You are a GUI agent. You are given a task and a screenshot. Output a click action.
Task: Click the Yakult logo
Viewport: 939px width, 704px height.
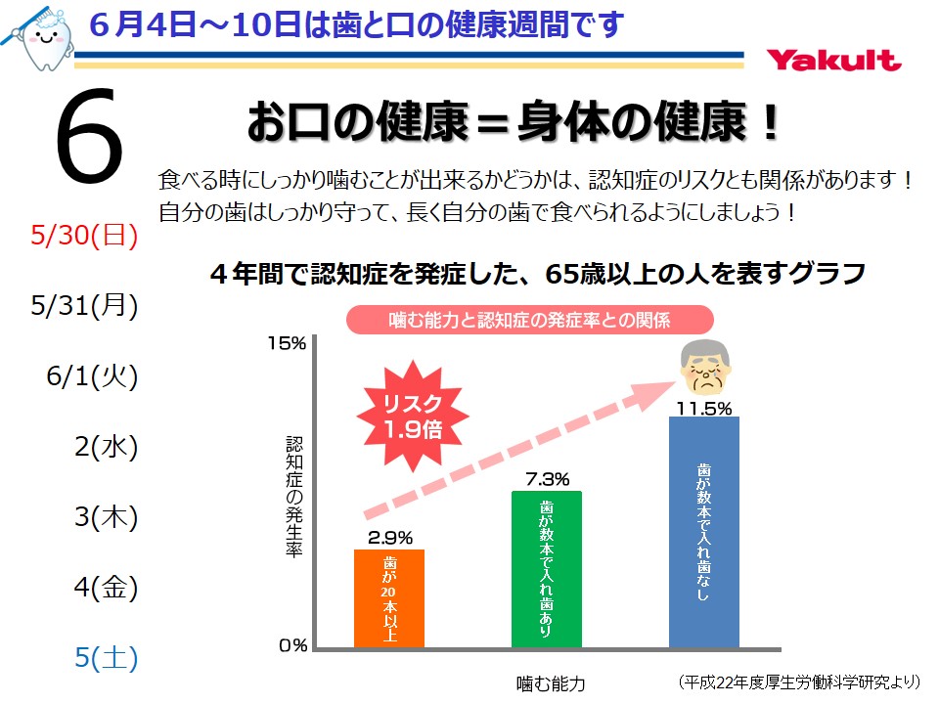(x=833, y=60)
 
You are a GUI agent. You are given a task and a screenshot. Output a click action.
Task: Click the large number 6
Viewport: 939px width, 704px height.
(x=90, y=137)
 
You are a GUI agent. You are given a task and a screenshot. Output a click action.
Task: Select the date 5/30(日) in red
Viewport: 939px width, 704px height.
(x=84, y=236)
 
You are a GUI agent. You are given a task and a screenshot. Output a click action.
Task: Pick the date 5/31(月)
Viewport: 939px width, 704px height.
(x=84, y=306)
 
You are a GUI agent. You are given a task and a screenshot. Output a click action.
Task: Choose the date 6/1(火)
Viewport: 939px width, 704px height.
(x=91, y=376)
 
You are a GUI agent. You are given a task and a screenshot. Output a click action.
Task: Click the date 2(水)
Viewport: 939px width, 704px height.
(x=106, y=447)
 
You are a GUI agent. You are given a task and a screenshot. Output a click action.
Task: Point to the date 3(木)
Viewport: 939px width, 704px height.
(x=106, y=517)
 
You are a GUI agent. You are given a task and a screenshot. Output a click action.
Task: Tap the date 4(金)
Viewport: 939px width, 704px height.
(x=106, y=588)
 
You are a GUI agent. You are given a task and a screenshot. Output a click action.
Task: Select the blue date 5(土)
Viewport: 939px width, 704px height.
(x=106, y=658)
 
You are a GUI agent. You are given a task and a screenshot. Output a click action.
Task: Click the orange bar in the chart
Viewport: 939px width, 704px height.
(x=389, y=597)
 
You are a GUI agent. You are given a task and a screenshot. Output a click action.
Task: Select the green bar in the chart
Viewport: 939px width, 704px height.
(x=547, y=568)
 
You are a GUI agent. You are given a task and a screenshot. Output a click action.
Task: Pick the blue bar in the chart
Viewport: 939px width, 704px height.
(x=703, y=531)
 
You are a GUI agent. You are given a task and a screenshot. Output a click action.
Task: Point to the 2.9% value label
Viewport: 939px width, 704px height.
(x=390, y=537)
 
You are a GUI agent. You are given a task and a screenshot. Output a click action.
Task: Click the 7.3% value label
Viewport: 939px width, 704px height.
(x=547, y=479)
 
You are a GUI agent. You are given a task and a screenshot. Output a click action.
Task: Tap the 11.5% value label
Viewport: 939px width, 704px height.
(x=703, y=408)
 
